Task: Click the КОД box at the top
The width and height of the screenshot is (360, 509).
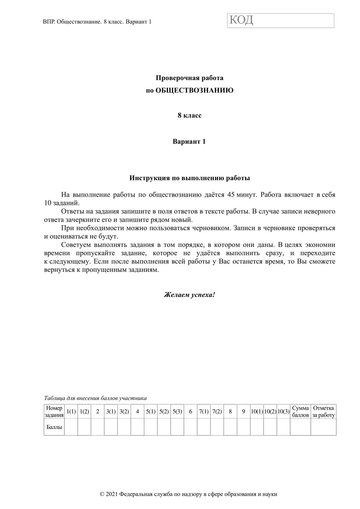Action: (281, 20)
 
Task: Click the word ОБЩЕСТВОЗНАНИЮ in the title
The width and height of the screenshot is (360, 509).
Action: (194, 91)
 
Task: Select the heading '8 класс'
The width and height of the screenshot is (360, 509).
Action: (189, 115)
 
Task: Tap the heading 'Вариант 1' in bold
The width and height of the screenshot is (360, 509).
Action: (189, 142)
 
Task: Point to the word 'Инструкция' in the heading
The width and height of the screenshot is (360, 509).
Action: (147, 178)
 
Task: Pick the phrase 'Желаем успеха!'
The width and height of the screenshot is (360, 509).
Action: (189, 295)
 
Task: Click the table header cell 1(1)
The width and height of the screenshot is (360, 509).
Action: (71, 412)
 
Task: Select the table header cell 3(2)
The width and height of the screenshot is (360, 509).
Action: (124, 412)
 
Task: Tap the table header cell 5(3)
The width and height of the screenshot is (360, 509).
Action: (177, 412)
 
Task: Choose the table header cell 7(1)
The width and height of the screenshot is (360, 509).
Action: (204, 412)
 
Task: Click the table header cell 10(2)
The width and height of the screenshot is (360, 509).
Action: (270, 412)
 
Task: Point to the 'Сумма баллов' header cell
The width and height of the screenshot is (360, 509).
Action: (300, 412)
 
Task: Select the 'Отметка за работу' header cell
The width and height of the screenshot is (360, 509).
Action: (323, 412)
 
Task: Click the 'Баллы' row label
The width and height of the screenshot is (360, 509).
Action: (54, 427)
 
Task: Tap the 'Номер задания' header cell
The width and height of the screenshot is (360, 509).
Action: (54, 412)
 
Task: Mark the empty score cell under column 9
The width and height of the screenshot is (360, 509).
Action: (244, 427)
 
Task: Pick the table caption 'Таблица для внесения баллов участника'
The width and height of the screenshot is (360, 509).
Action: (95, 398)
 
